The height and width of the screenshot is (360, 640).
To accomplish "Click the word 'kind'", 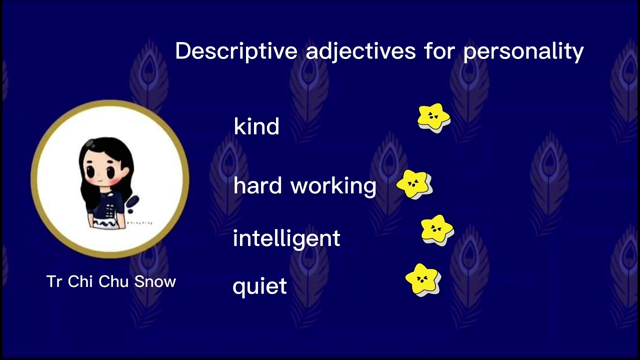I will (256, 126).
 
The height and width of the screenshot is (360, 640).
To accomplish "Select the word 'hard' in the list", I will (258, 185).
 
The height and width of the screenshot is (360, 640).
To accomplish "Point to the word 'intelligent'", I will (286, 238).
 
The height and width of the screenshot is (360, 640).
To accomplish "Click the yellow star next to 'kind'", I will (433, 118).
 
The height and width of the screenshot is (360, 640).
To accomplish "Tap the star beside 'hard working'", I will (414, 184).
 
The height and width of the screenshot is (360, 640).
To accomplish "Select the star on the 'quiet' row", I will (423, 280).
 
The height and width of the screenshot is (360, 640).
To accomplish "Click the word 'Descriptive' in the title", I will (236, 51).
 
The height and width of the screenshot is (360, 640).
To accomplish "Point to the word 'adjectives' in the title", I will (360, 51).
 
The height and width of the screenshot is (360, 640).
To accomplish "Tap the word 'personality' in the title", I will (523, 51).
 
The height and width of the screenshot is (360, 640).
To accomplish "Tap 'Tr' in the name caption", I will (53, 281).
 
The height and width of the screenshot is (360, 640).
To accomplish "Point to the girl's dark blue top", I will (108, 202).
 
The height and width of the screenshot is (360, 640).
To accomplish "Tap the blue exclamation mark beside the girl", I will (132, 202).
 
